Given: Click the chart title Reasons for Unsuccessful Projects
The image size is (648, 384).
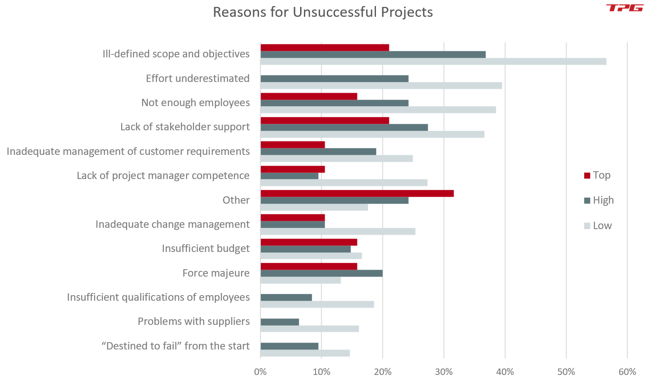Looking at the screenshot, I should tap(323, 12).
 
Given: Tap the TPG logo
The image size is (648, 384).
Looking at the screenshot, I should tap(624, 8).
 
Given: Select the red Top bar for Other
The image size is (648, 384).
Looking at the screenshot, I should tap(357, 193).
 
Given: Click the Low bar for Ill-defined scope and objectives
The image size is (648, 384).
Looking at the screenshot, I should tap(433, 61).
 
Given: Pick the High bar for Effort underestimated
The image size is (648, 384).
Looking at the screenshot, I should tap(335, 79).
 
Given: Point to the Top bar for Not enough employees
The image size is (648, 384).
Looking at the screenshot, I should tap(309, 96).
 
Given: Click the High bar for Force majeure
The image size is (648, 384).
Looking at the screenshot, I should tap(321, 273).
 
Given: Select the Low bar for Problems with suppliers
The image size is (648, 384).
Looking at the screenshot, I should tap(310, 329).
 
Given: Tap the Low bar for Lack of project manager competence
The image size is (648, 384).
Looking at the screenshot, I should tap(344, 183).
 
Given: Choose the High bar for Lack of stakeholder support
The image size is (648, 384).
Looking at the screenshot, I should tap(344, 127).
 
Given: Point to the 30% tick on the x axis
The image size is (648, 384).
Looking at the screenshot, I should tap(444, 372).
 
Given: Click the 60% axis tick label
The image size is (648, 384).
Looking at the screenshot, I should tap(627, 372).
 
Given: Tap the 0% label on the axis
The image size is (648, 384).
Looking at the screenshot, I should tap(260, 372).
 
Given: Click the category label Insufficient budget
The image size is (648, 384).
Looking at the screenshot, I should tap(206, 249).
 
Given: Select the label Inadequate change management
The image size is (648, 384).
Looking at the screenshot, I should tap(172, 224).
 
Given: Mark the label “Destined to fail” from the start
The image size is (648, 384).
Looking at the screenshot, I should tap(175, 346).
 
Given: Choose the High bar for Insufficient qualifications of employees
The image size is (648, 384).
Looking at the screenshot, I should tap(286, 297).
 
